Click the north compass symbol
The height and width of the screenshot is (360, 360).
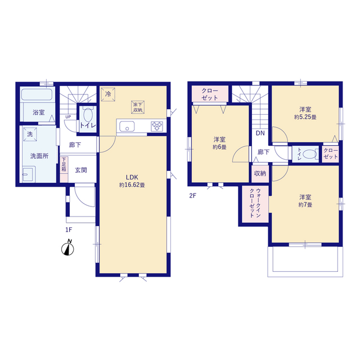tap(67, 248)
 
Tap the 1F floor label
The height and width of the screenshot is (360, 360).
tap(69, 229)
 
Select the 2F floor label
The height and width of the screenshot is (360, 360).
tap(192, 196)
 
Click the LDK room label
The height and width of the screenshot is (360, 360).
tap(132, 177)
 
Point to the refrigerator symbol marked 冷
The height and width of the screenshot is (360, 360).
tap(108, 94)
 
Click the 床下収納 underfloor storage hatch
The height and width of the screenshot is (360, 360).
tap(138, 107)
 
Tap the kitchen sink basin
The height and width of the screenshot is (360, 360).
tap(127, 127)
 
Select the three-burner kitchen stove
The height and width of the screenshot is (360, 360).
tap(157, 127)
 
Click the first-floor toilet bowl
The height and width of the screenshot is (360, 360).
tap(88, 115)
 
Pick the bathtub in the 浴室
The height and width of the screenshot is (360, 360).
tap(37, 94)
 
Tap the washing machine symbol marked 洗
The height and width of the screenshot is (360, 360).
tap(30, 134)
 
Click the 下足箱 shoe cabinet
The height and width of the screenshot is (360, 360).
tap(64, 169)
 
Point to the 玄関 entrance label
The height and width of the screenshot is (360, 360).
tap(81, 170)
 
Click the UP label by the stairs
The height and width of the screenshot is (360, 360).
tap(68, 117)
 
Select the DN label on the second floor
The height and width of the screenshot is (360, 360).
tap(260, 133)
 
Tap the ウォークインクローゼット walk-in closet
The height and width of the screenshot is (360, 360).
tap(255, 204)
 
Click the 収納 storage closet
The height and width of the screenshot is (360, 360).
tap(260, 174)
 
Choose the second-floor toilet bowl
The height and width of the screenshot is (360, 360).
tap(309, 154)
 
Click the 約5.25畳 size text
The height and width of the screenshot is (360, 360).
tap(305, 117)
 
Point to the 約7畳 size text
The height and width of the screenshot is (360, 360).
tap(305, 205)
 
